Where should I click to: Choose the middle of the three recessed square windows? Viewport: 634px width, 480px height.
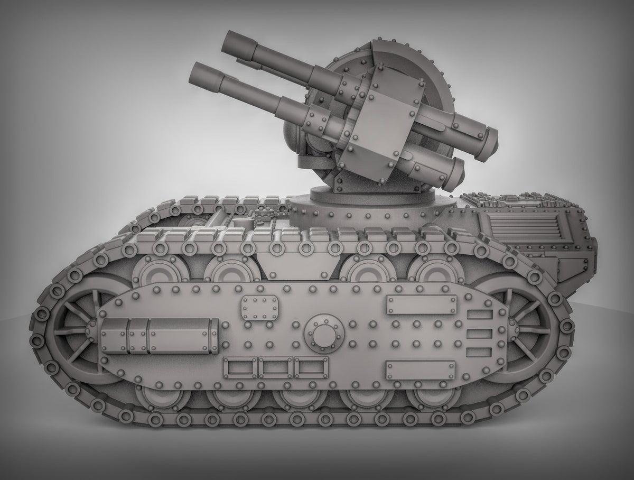[275, 367]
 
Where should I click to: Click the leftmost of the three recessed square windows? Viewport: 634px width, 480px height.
[240, 367]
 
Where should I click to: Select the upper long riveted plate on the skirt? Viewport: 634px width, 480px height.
[422, 305]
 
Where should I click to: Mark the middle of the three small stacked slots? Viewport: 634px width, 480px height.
[480, 334]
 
